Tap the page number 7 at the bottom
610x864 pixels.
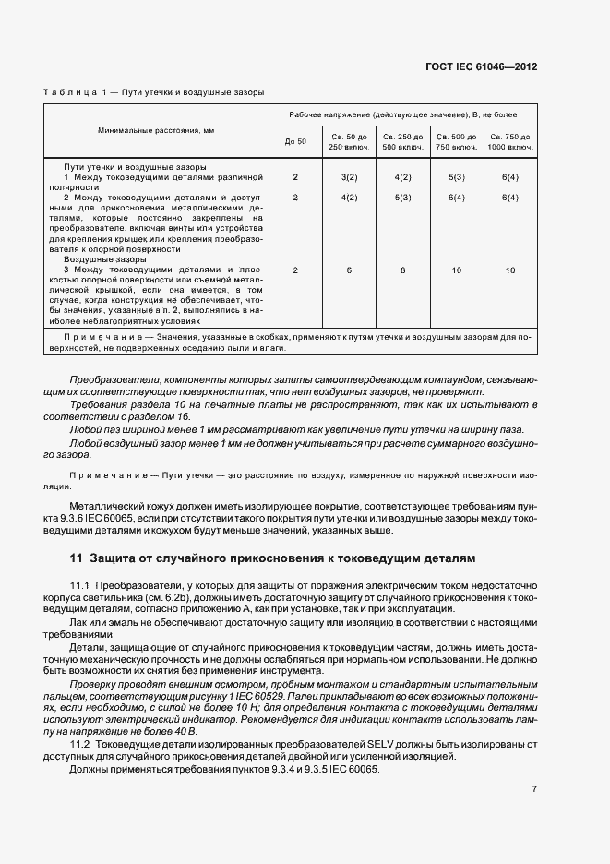534,789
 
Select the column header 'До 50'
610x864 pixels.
295,142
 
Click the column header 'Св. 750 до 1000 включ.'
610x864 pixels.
509,142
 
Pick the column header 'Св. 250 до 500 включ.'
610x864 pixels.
402,142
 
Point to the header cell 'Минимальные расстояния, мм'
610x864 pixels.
156,131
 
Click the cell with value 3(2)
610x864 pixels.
349,175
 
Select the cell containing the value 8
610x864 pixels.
402,270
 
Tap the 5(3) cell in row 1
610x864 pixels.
456,175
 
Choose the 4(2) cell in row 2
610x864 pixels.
349,198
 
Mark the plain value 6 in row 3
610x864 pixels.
349,270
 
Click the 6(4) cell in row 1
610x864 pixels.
509,175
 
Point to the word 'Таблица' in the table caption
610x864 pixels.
69,92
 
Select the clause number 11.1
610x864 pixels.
80,586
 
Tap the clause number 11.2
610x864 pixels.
80,744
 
